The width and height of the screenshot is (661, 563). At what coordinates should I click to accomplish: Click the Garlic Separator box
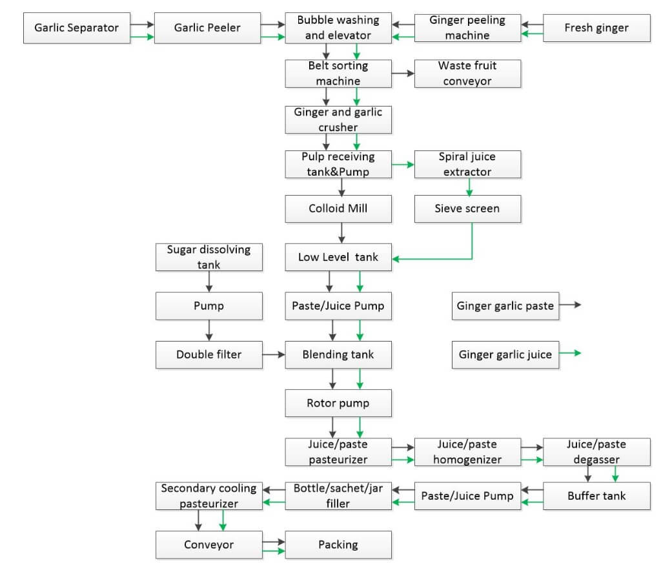coord(76,28)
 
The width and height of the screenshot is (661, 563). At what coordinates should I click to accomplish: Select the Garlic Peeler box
coord(207,28)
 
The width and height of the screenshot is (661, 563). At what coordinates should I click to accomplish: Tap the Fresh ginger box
coord(596,28)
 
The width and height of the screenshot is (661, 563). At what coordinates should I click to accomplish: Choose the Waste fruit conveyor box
coord(467,74)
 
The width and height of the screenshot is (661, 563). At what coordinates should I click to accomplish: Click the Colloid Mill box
coord(338,209)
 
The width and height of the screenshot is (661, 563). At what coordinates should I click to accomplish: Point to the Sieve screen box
coord(467,209)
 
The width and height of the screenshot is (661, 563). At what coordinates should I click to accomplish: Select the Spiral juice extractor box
coord(467,164)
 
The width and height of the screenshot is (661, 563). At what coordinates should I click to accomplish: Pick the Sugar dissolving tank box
coord(208,256)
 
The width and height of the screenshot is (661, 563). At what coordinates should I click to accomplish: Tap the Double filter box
coord(208,354)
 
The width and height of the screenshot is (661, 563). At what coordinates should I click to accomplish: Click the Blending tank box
coord(338,354)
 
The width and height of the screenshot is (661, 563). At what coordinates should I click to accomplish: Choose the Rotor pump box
coord(338,404)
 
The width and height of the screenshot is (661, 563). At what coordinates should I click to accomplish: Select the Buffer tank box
coord(596,496)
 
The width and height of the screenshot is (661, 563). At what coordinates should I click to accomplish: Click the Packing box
coord(338,545)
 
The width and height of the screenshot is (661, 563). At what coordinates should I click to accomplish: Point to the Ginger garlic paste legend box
coord(505,305)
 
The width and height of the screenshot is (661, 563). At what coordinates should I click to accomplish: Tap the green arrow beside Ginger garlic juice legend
coord(571,353)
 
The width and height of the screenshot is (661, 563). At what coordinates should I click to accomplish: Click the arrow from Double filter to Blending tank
coord(274,354)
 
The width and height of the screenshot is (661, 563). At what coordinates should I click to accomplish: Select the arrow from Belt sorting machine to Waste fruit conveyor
coord(403,74)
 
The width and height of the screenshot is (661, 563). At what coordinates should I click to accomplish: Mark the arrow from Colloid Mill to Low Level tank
coord(341,233)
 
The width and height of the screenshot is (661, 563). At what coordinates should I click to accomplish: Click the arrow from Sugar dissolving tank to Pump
coord(208,281)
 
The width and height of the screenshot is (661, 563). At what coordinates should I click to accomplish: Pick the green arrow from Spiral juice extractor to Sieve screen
coord(469,187)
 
